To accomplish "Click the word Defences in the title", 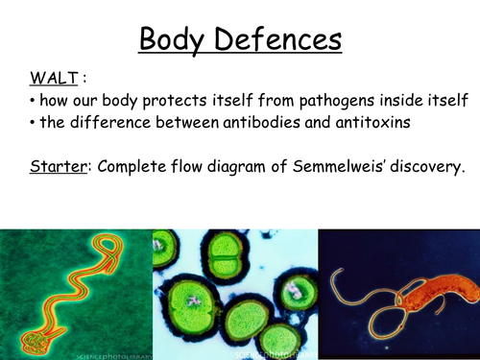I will coord(280,40).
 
